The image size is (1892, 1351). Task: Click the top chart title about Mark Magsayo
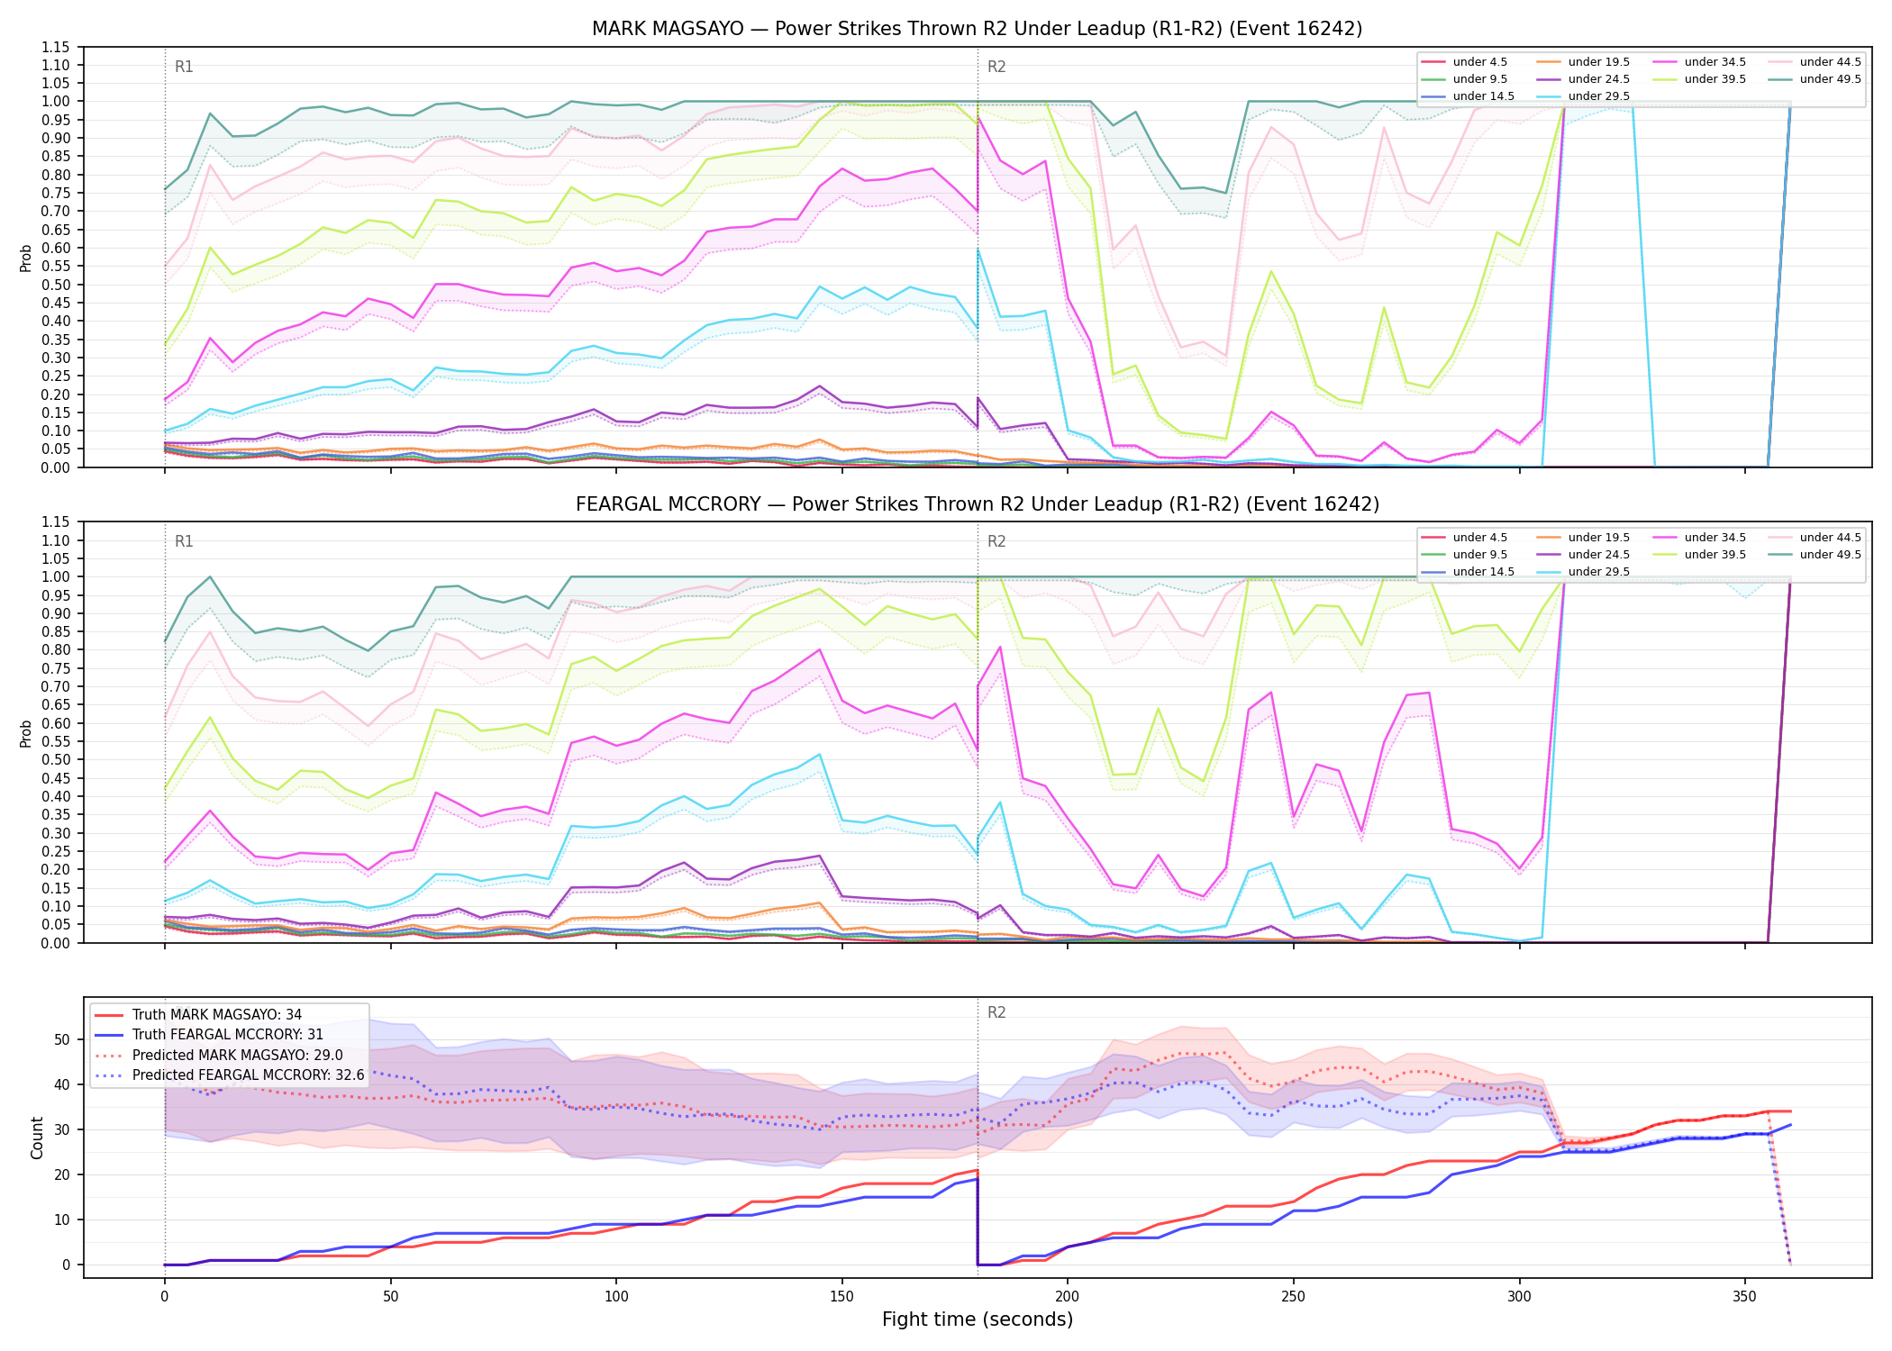click(977, 29)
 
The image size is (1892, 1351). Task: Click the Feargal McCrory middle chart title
click(977, 504)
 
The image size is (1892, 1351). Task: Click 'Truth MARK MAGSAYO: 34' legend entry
click(199, 1015)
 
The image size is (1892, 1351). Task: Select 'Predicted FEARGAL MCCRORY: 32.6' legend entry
click(230, 1075)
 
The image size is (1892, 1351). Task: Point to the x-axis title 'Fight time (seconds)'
click(978, 1319)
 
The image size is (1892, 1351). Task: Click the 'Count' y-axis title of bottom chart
click(38, 1138)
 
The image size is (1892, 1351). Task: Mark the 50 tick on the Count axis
click(62, 1039)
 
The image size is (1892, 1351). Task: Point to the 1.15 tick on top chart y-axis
click(56, 47)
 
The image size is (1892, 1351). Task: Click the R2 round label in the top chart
click(996, 67)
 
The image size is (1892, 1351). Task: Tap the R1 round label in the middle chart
click(184, 541)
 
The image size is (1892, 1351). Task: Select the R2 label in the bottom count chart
click(996, 1012)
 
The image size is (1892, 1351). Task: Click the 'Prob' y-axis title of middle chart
click(26, 733)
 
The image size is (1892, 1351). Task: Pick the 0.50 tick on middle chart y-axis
click(56, 759)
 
